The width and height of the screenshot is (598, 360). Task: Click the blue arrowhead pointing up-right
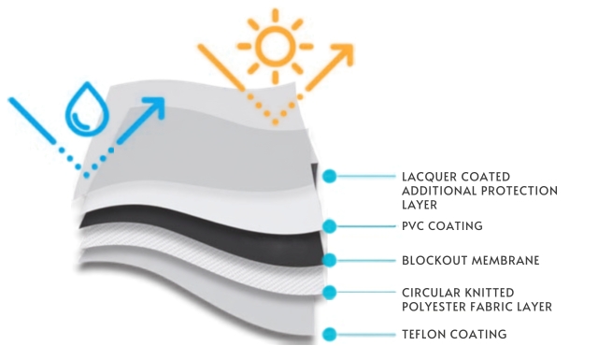(155, 107)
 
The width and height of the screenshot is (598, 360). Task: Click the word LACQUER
(429, 177)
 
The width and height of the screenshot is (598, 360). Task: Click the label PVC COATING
(442, 226)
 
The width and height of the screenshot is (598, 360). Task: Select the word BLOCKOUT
(434, 261)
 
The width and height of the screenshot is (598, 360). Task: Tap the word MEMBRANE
(505, 261)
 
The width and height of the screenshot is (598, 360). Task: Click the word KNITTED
(488, 293)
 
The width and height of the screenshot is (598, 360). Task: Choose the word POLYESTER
(434, 307)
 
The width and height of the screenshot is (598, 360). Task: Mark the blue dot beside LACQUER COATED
(330, 177)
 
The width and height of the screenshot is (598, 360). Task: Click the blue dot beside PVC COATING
(330, 226)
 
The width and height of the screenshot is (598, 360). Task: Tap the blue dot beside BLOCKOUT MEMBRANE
(330, 260)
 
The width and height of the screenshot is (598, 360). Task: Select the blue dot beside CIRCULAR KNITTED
(330, 293)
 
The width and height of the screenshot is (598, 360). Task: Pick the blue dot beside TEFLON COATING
(330, 335)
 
